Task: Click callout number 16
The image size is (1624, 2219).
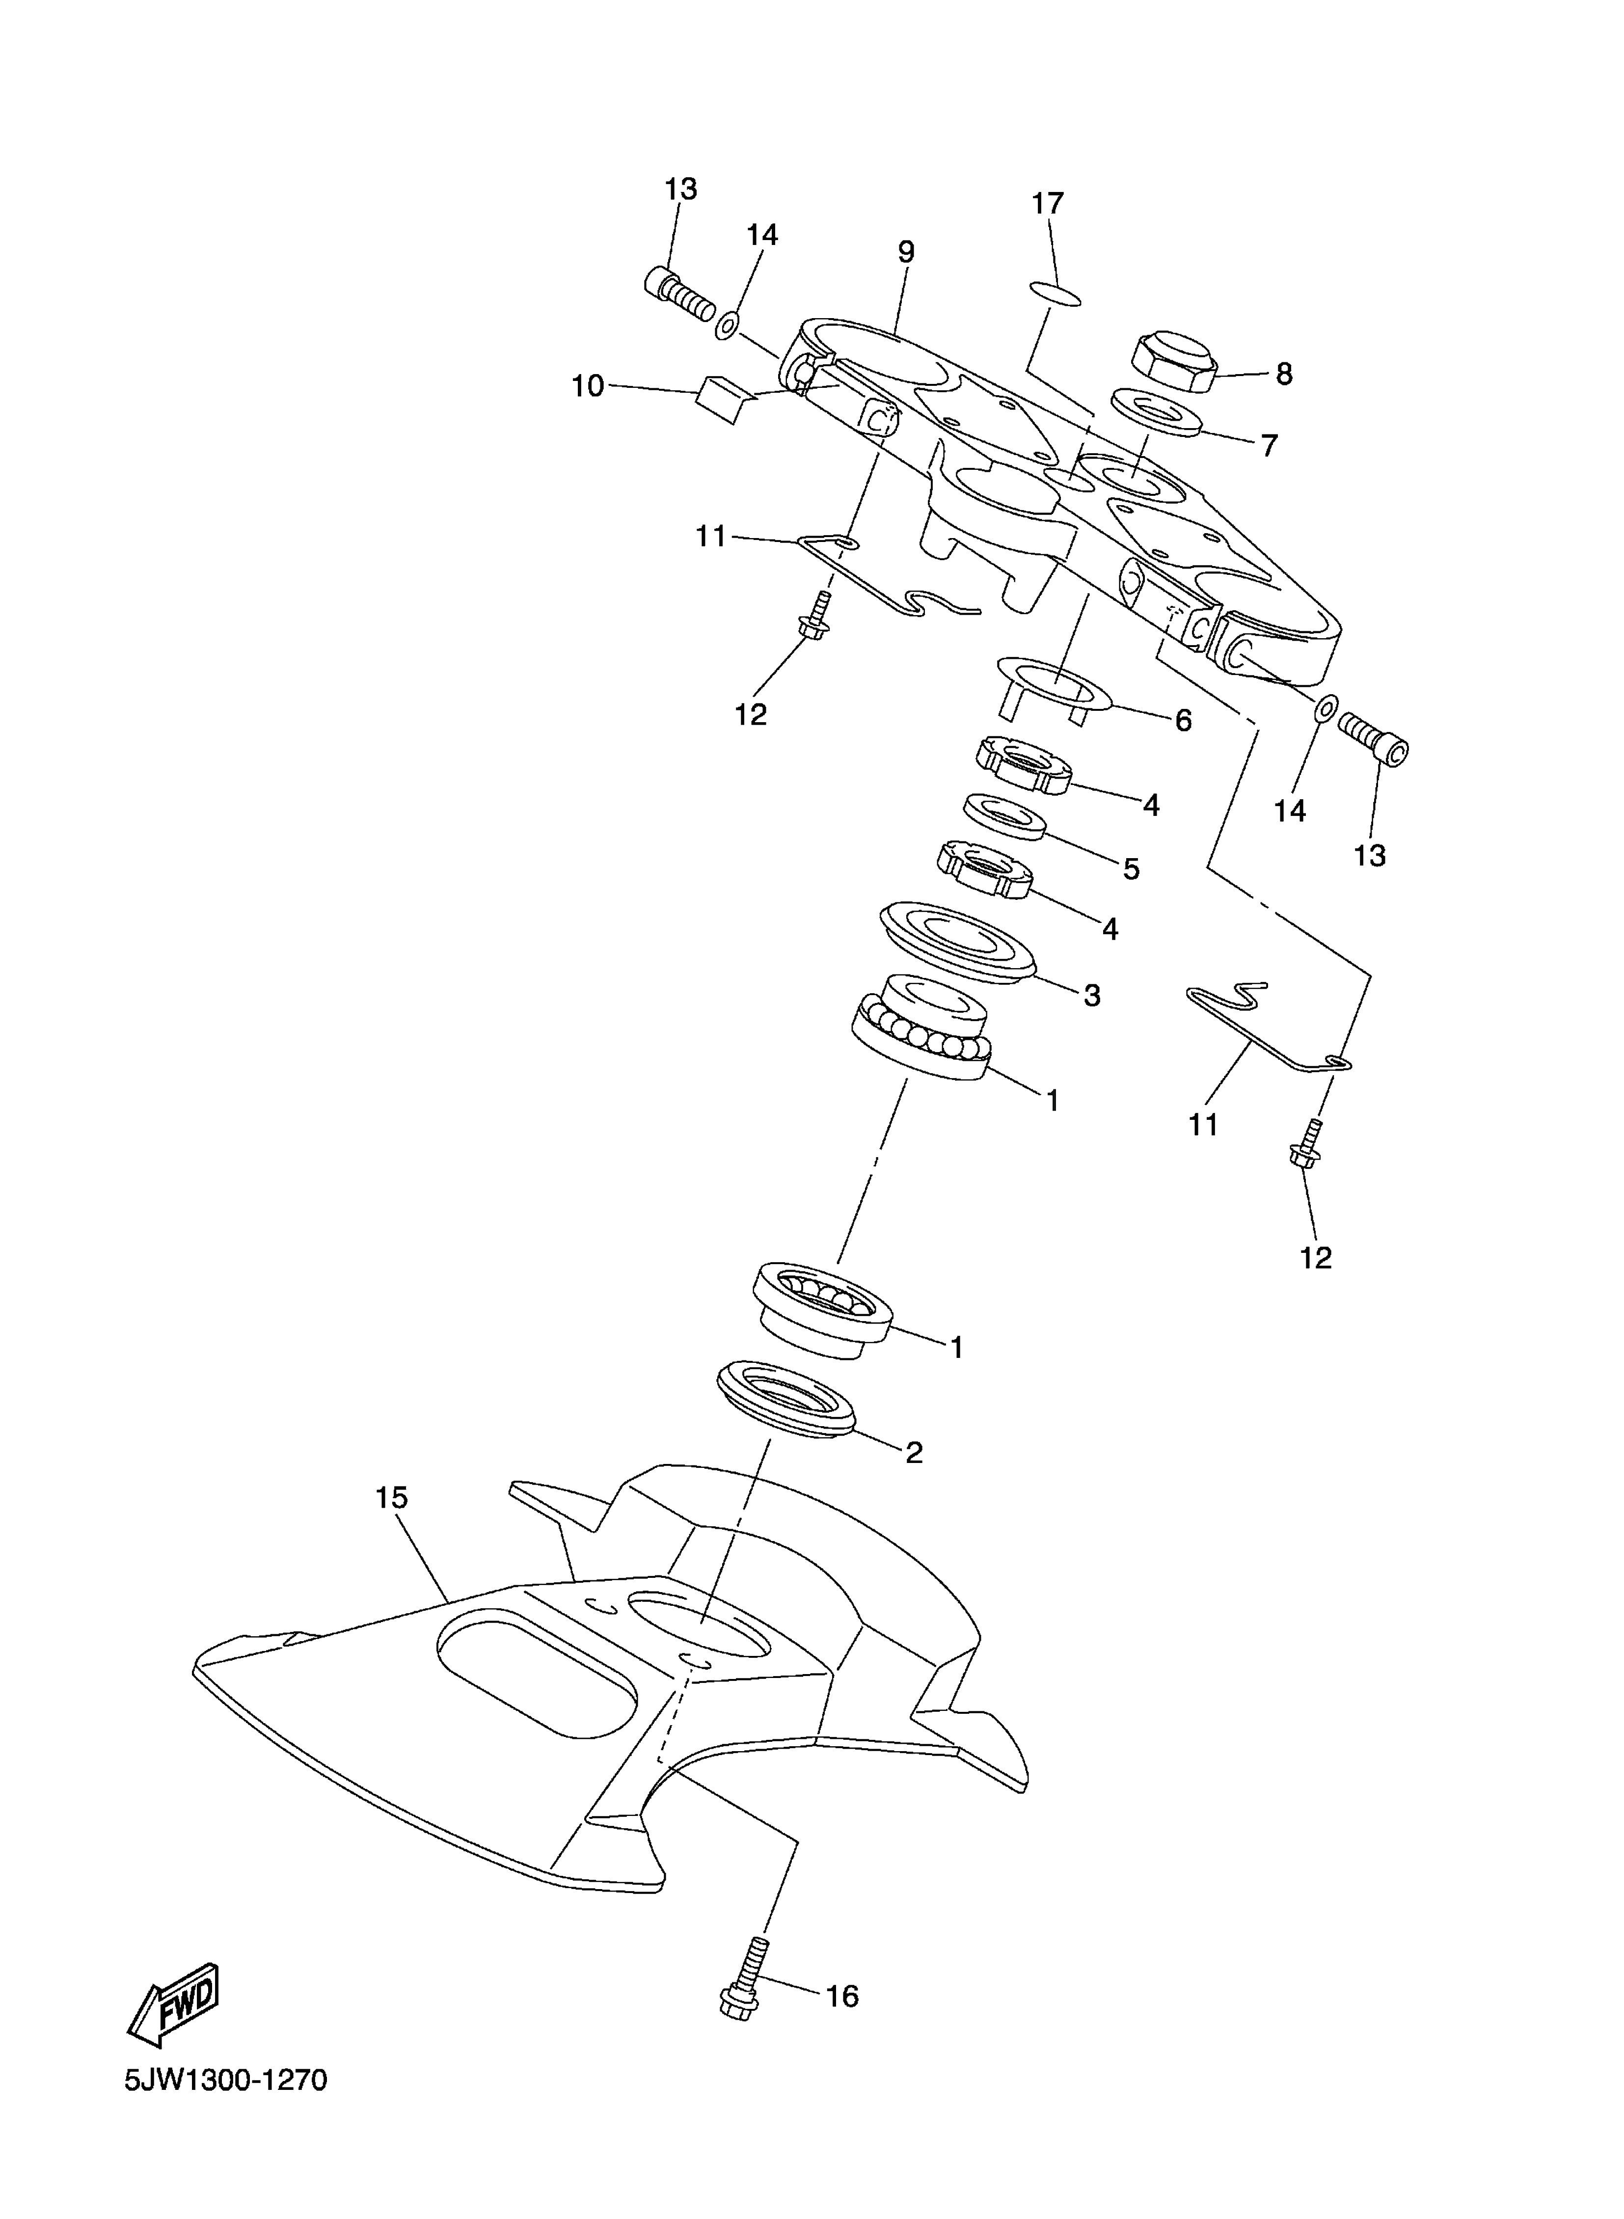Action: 841,1997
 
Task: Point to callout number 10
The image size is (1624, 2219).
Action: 588,386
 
